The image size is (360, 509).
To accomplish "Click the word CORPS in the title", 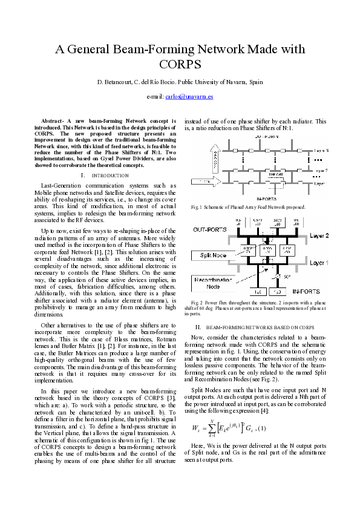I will point(180,64).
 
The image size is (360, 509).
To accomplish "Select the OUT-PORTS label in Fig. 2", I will point(209,230).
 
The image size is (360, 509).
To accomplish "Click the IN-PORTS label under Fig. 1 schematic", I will point(266,198).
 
